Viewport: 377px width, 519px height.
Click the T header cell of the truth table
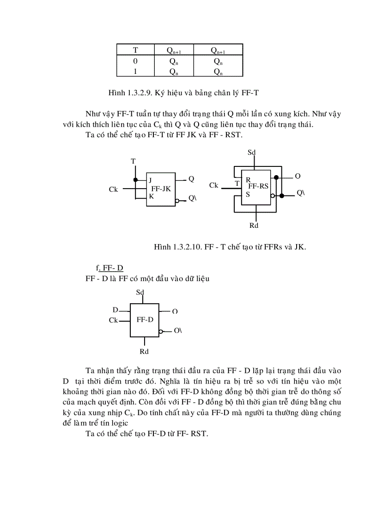[135, 50]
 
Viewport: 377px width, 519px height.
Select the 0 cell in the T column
[135, 61]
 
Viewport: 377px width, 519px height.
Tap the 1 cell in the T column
[135, 72]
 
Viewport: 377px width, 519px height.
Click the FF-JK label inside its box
[161, 189]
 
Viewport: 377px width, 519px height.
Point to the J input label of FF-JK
[151, 180]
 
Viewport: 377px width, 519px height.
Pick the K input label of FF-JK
[151, 196]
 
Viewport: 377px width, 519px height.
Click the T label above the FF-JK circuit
[133, 161]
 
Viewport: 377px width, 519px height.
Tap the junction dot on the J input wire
[136, 179]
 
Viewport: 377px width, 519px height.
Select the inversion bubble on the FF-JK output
[177, 201]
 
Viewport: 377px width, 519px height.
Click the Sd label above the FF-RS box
[252, 152]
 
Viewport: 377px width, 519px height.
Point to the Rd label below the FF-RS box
[254, 226]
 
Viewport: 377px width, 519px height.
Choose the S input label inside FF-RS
[248, 195]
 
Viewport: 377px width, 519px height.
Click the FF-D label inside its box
[145, 320]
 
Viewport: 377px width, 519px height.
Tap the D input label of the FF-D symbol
[115, 309]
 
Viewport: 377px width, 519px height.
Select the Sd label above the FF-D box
[140, 293]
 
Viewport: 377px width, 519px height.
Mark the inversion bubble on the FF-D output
[161, 331]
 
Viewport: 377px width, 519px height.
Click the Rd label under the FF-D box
[144, 352]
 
